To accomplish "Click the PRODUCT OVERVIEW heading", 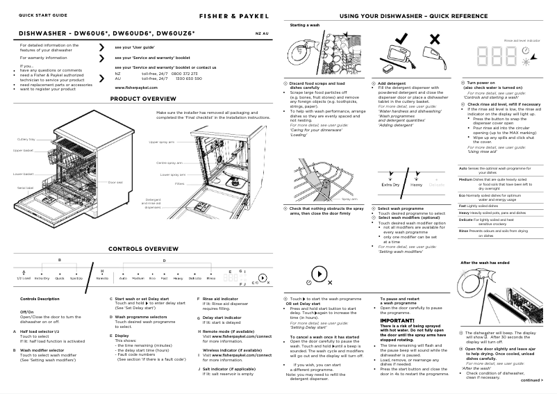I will (x=144, y=99).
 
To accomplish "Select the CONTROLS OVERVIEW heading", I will (x=142, y=248).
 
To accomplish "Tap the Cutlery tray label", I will (x=26, y=140).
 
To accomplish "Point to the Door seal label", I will (x=115, y=182).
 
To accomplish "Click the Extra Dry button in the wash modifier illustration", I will (x=390, y=186).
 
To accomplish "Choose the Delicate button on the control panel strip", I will (x=194, y=278).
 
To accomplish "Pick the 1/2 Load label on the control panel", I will (x=24, y=278).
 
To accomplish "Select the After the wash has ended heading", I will (x=485, y=263).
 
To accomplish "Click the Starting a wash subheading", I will (x=304, y=26).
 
